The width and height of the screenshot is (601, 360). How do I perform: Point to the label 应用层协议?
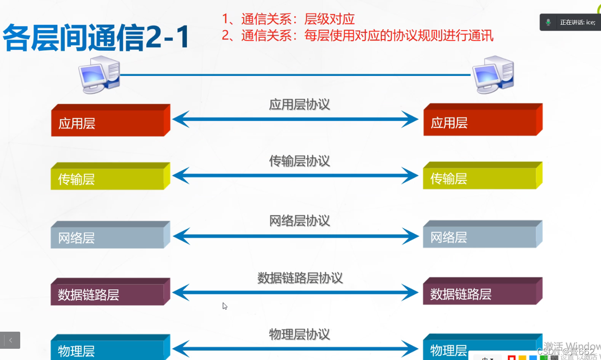[x=300, y=105]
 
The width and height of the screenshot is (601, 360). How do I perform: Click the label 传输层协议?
[x=300, y=161]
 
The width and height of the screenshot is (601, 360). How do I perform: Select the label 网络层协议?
[x=300, y=221]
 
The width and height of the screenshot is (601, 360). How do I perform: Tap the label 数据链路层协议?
[x=300, y=278]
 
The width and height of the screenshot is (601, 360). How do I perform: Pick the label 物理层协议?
[x=300, y=334]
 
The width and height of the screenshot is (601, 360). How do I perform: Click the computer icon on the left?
[x=99, y=74]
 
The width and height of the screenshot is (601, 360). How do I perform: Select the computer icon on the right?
[x=493, y=74]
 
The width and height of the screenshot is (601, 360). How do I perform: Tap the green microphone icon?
[x=548, y=22]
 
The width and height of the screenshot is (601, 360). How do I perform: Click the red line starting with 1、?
[x=288, y=19]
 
